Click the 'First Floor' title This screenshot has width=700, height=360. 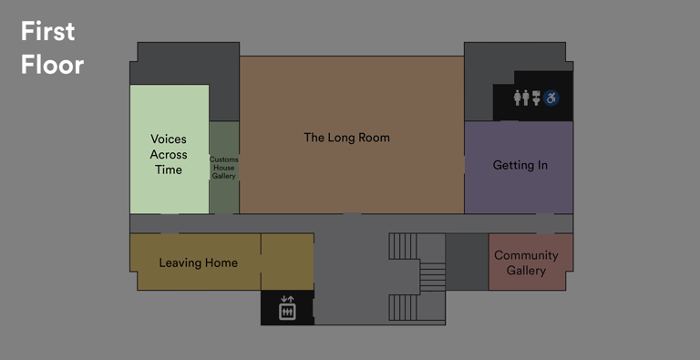coord(52,48)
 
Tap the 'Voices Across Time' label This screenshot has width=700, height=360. coord(168,154)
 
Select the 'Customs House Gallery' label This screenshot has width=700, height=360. coord(224,168)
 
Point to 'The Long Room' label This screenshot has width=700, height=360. coord(346,138)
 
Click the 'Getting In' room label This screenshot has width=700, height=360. coord(520,165)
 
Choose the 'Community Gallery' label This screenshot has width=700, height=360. coord(526,262)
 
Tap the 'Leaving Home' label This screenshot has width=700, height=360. coord(198,262)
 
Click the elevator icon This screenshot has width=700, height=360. coord(288,307)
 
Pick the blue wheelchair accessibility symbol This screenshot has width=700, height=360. coord(551,97)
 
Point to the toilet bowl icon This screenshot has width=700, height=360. coord(537,97)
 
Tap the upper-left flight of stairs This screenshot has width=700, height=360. coord(404,246)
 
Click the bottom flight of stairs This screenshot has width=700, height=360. coord(404,308)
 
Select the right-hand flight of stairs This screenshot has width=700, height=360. coord(431,276)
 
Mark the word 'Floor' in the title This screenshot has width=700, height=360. coord(52,65)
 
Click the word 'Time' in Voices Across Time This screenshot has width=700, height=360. coord(168,170)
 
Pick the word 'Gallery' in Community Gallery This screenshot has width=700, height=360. coord(526,271)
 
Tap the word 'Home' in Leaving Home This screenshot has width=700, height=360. coord(221,262)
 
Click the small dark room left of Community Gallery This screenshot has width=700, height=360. coord(467,262)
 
